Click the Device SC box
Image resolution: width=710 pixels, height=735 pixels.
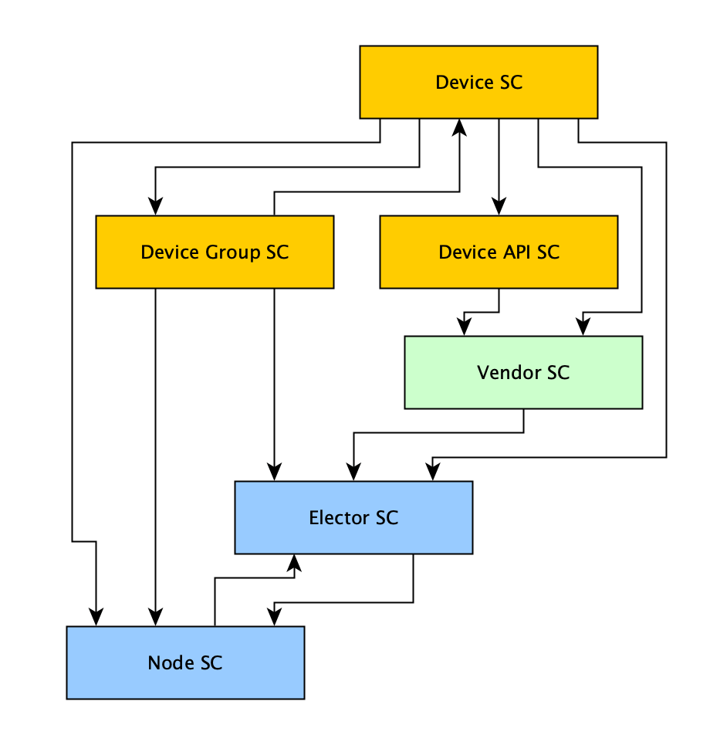[x=478, y=82]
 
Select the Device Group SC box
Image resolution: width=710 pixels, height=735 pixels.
[x=215, y=252]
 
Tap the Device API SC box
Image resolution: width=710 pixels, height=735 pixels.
[x=499, y=252]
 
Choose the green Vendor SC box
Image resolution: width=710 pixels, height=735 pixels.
[x=523, y=372]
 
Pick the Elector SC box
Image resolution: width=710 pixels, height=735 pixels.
[x=353, y=517]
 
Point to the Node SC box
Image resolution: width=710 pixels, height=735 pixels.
[x=185, y=662]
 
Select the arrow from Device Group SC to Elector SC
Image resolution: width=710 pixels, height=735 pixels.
[x=274, y=378]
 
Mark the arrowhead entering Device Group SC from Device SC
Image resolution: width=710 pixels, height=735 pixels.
[x=156, y=206]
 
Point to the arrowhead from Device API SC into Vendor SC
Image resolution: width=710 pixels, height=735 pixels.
[x=464, y=327]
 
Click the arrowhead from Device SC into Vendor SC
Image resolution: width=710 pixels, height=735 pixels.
[x=583, y=327]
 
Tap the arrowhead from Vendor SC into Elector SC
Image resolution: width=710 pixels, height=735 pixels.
[x=354, y=472]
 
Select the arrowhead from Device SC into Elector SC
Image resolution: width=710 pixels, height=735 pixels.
[x=433, y=472]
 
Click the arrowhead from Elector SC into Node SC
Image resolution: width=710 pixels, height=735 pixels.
[x=274, y=617]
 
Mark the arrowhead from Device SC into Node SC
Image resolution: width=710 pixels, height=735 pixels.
[x=96, y=617]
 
